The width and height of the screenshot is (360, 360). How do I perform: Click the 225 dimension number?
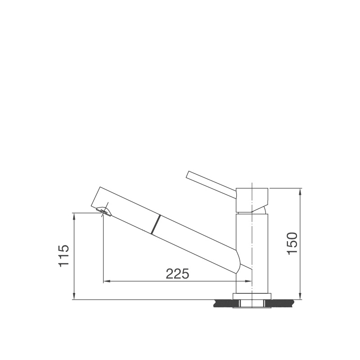pos(177,273)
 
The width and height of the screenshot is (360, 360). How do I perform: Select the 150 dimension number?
pos(292,243)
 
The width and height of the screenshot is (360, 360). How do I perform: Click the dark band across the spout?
pos(156,224)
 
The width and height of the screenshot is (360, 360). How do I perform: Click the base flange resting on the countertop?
pos(252,296)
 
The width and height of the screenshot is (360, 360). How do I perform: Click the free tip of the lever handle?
pos(189,174)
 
